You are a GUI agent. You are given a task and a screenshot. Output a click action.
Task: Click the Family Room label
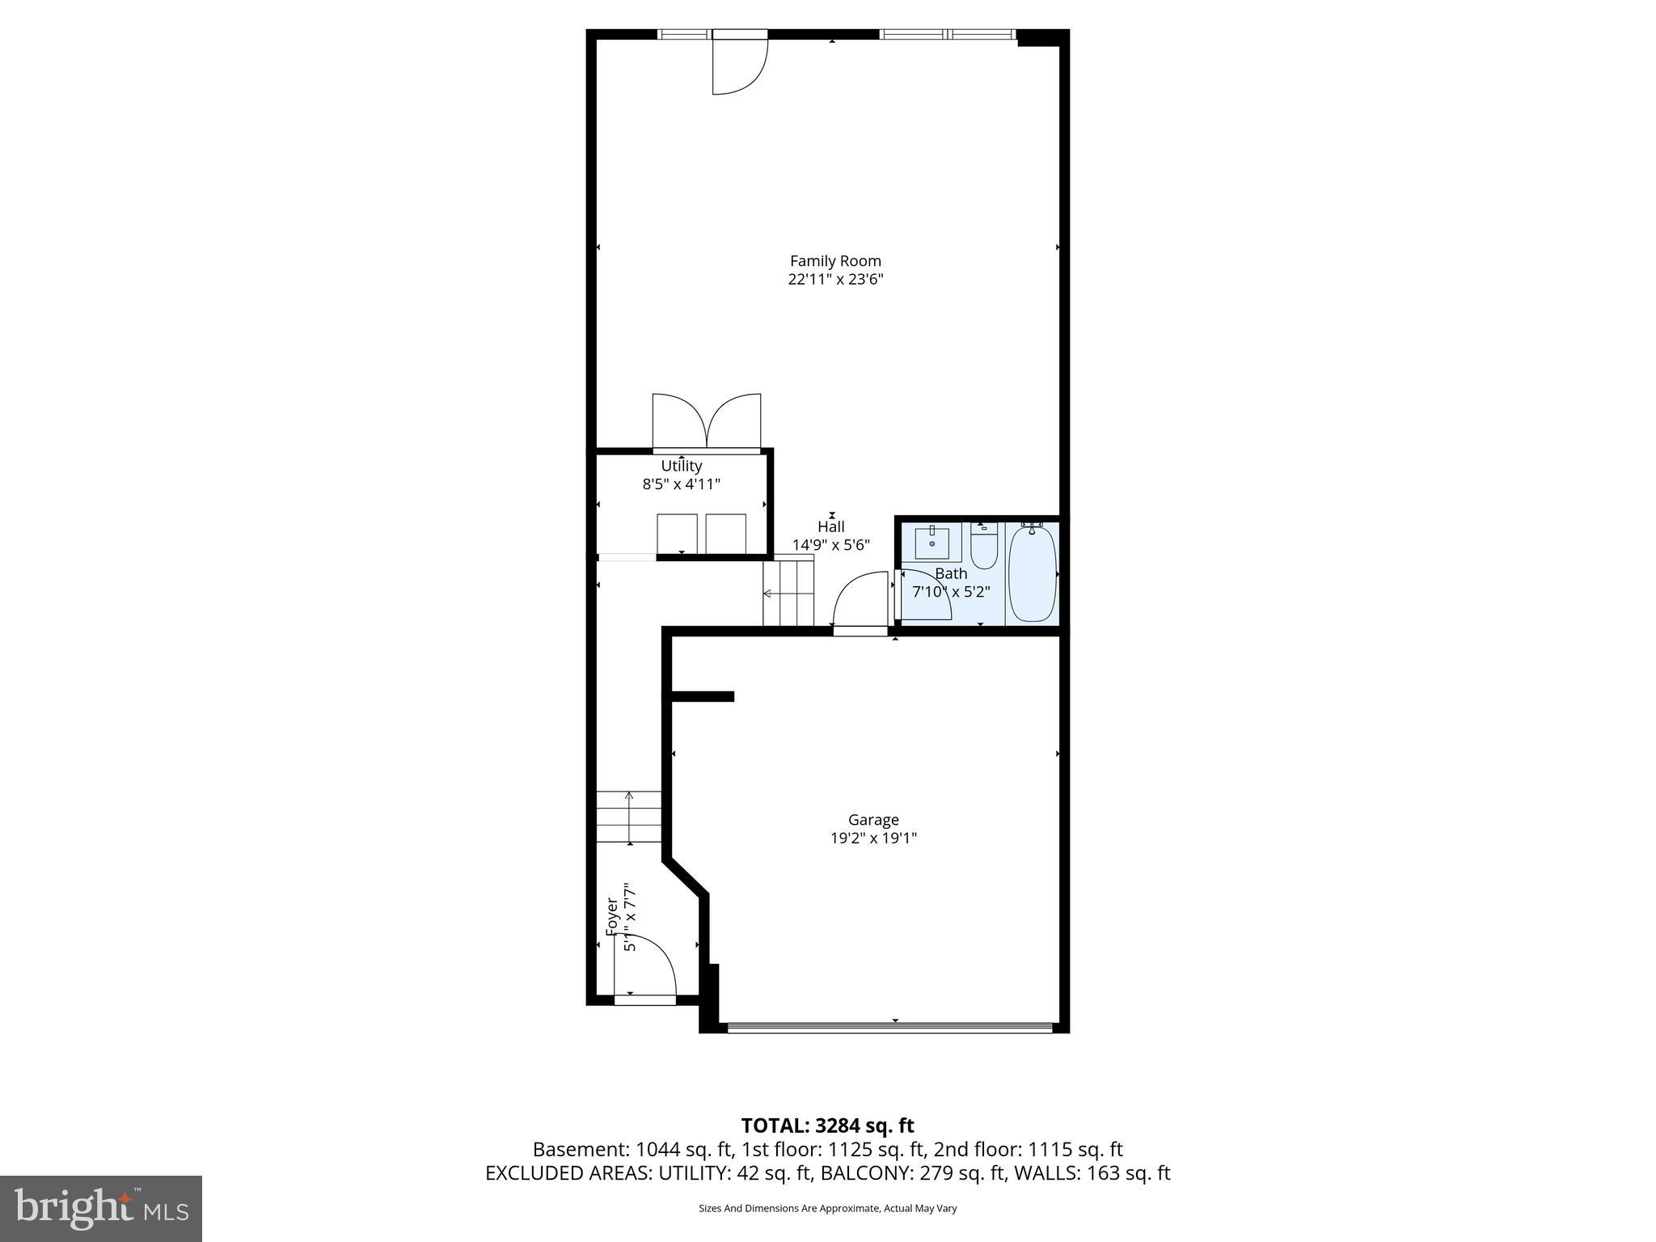(x=835, y=261)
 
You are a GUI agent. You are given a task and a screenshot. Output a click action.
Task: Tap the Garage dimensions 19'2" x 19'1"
(x=873, y=839)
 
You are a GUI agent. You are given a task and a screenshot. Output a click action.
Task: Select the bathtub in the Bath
(x=1033, y=573)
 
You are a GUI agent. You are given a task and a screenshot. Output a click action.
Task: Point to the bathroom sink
(x=932, y=543)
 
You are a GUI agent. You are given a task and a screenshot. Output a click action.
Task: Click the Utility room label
(x=681, y=466)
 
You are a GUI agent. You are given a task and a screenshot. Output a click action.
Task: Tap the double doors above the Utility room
(x=707, y=422)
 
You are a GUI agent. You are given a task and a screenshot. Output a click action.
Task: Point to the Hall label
(x=830, y=527)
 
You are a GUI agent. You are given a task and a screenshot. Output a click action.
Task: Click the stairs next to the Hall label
(x=788, y=594)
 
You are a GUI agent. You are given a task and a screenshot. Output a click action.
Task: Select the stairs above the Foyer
(x=629, y=817)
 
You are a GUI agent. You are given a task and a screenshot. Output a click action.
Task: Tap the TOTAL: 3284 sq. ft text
(x=827, y=1126)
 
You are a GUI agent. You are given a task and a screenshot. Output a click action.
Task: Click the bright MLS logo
(x=101, y=1208)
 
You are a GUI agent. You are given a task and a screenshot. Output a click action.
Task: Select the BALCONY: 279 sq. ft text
(x=916, y=1173)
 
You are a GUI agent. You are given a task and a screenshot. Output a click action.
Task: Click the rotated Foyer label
(x=612, y=917)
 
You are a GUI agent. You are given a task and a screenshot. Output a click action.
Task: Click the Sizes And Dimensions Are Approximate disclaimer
(x=827, y=1208)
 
